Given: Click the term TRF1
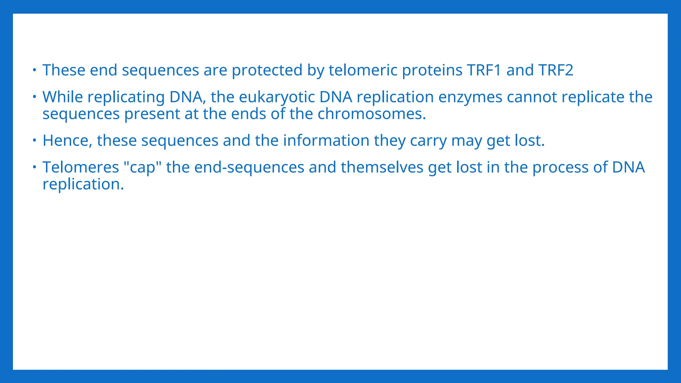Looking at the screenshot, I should pyautogui.click(x=484, y=70).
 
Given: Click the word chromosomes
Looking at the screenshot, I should pyautogui.click(x=371, y=114).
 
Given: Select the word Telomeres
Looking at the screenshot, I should pyautogui.click(x=80, y=167).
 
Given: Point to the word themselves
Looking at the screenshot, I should pyautogui.click(x=382, y=167).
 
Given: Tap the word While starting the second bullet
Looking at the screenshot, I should pyautogui.click(x=63, y=97).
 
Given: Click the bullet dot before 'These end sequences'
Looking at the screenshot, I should pyautogui.click(x=34, y=70).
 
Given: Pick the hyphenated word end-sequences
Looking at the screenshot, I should pyautogui.click(x=249, y=168).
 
